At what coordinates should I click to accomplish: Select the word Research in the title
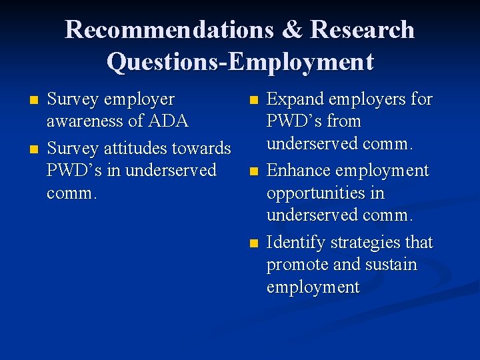[x=363, y=30]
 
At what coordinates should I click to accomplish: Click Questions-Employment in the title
[x=240, y=61]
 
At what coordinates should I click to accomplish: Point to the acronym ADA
[x=169, y=121]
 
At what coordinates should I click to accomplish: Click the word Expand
[x=294, y=100]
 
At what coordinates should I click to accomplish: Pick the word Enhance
[x=297, y=171]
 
